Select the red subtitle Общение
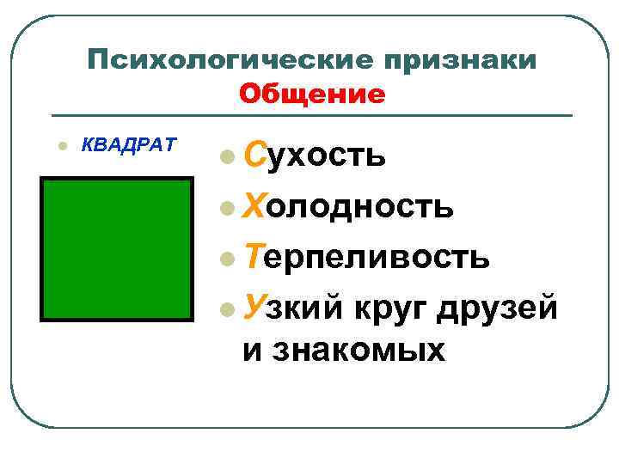coord(312,93)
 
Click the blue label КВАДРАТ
coord(128,143)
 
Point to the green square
coord(118,249)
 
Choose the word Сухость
coord(314,156)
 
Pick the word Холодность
coord(346,206)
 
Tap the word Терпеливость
coord(367,256)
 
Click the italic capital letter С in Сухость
coord(255,156)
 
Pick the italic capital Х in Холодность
coord(256,205)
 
